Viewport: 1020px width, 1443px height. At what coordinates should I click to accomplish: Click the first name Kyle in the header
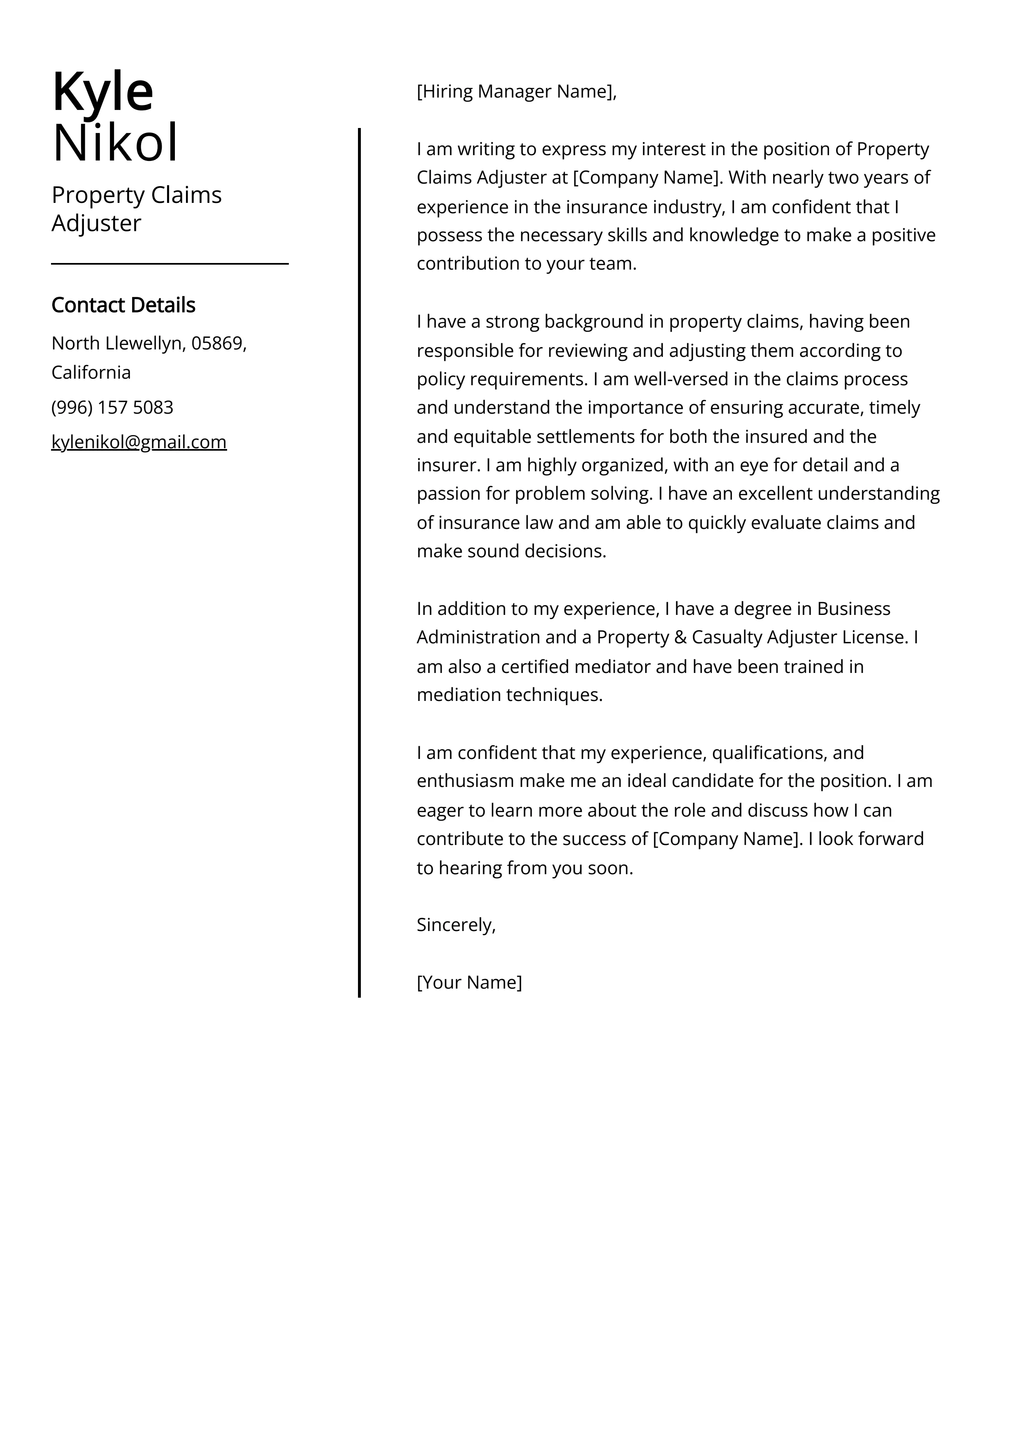(x=102, y=92)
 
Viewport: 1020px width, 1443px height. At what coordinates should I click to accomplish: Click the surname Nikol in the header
(x=116, y=143)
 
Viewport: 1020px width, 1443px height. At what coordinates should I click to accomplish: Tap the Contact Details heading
(x=123, y=305)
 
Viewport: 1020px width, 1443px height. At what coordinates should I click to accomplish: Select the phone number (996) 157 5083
(x=112, y=408)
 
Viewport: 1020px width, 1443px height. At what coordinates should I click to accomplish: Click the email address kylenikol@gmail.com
(x=139, y=442)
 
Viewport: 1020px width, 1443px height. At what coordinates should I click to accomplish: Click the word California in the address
(x=91, y=373)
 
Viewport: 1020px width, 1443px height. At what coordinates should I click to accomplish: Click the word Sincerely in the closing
(x=455, y=925)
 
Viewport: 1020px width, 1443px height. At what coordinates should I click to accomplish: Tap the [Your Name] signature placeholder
(x=469, y=982)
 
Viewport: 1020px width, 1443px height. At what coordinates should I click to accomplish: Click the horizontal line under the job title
(x=170, y=264)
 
